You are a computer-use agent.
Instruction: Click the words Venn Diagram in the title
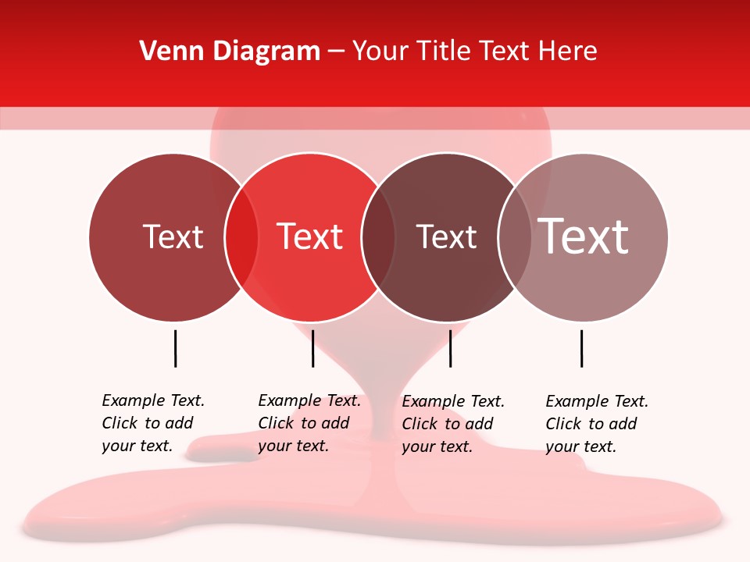230,52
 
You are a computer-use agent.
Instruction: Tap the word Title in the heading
444,52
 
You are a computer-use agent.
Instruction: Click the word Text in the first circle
173,237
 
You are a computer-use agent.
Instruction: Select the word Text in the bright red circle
310,237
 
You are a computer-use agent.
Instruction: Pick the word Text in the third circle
446,237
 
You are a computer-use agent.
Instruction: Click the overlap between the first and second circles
241,237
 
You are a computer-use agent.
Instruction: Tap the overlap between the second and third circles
378,237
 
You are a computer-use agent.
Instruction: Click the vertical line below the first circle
175,348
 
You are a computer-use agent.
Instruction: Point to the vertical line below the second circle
312,348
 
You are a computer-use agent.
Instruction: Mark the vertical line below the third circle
450,348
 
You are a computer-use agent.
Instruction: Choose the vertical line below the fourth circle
581,348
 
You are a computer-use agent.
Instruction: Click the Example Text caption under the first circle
153,423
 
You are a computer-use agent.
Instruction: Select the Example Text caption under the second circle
309,423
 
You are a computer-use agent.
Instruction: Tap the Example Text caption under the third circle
453,424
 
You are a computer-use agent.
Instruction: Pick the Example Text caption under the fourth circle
597,424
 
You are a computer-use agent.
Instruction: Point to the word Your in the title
380,52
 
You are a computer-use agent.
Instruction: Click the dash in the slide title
336,52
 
